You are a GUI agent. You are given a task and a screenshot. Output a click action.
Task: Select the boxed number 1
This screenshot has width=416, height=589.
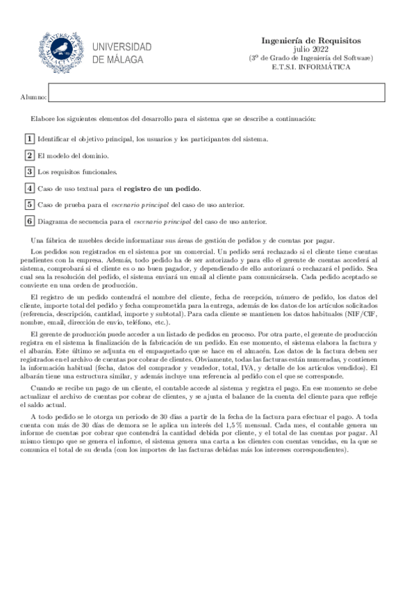click(x=29, y=139)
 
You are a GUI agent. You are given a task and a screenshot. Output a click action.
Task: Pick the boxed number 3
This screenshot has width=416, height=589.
click(x=29, y=172)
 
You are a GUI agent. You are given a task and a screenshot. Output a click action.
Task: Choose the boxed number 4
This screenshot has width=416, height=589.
click(x=29, y=188)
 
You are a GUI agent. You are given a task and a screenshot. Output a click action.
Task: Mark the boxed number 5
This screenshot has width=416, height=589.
click(x=29, y=205)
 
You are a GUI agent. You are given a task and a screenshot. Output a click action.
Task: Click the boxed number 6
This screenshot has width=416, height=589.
click(x=29, y=222)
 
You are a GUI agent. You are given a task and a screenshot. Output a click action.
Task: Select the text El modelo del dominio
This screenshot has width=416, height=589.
click(x=72, y=156)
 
